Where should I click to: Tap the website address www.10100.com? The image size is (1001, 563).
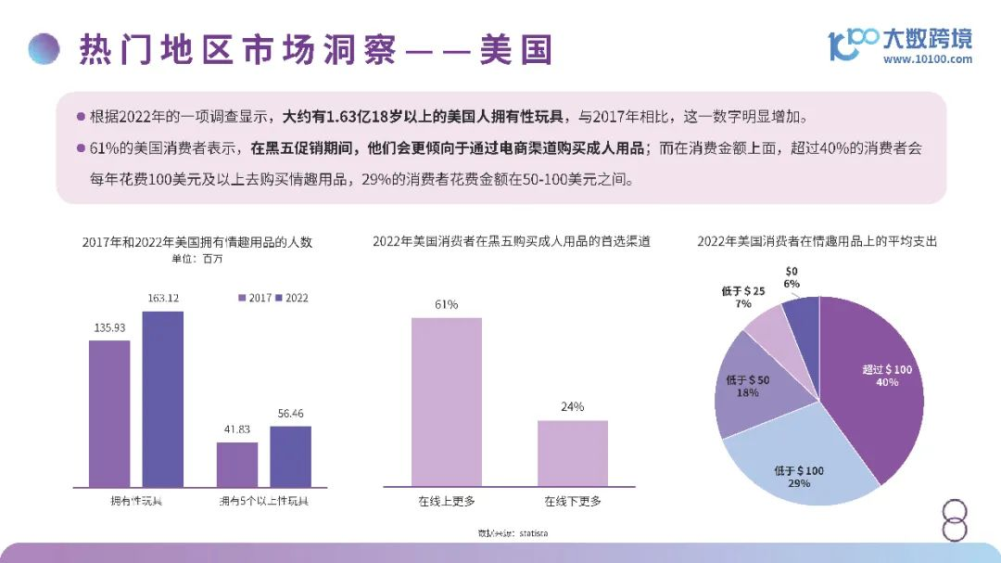(x=927, y=59)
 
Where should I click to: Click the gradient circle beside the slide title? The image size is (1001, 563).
(x=44, y=48)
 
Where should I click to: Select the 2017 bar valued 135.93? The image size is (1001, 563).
(x=109, y=413)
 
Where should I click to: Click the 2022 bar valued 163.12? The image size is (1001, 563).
(x=162, y=399)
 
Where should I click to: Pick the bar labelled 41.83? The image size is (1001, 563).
(x=237, y=464)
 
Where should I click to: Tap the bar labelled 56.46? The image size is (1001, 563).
(x=290, y=456)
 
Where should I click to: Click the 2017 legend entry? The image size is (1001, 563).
(x=255, y=298)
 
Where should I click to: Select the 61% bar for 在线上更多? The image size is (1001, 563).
(x=447, y=402)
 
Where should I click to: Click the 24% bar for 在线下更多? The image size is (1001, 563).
(x=573, y=453)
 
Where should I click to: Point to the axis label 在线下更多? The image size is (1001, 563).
(x=573, y=502)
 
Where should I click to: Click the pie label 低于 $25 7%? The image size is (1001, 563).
(x=742, y=297)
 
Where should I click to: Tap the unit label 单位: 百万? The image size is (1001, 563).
(x=198, y=259)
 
